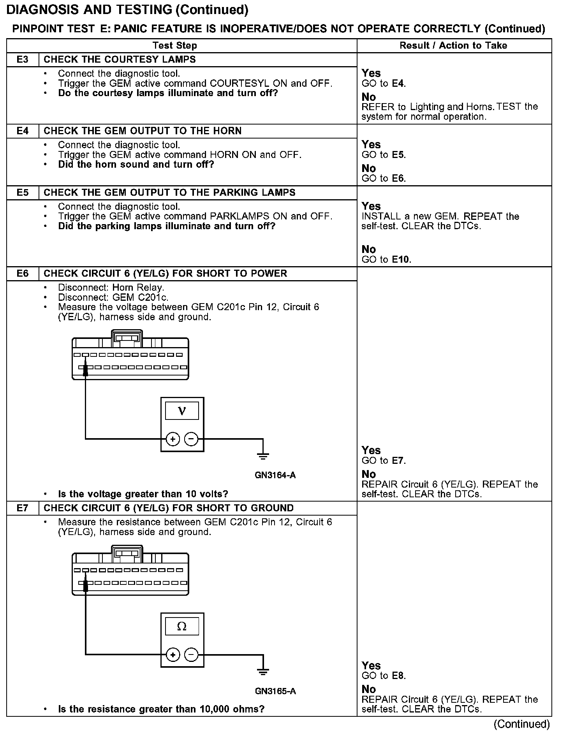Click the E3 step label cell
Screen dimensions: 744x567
pyautogui.click(x=23, y=60)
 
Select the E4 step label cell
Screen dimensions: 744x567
pyautogui.click(x=23, y=131)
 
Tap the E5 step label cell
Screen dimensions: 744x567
pyautogui.click(x=23, y=193)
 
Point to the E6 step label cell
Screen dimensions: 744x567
pyautogui.click(x=23, y=274)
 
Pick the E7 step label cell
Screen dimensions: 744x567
pyautogui.click(x=23, y=508)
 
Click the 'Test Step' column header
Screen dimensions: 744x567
pyautogui.click(x=175, y=46)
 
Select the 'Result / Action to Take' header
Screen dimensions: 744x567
pyautogui.click(x=453, y=46)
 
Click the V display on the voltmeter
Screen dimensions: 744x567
pyautogui.click(x=182, y=411)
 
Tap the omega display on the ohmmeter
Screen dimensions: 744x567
pyautogui.click(x=182, y=626)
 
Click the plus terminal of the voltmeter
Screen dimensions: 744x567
pyautogui.click(x=173, y=439)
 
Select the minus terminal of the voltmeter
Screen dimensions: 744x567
pyautogui.click(x=191, y=439)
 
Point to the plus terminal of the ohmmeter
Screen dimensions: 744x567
pyautogui.click(x=173, y=655)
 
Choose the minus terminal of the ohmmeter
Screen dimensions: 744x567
pyautogui.click(x=191, y=655)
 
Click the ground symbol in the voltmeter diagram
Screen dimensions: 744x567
pyautogui.click(x=263, y=454)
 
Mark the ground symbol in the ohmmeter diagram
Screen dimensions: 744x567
pyautogui.click(x=263, y=671)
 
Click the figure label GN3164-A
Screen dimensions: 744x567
pyautogui.click(x=275, y=475)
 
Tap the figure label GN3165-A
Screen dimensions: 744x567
pyautogui.click(x=275, y=691)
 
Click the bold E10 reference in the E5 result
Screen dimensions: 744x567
pyautogui.click(x=401, y=260)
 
